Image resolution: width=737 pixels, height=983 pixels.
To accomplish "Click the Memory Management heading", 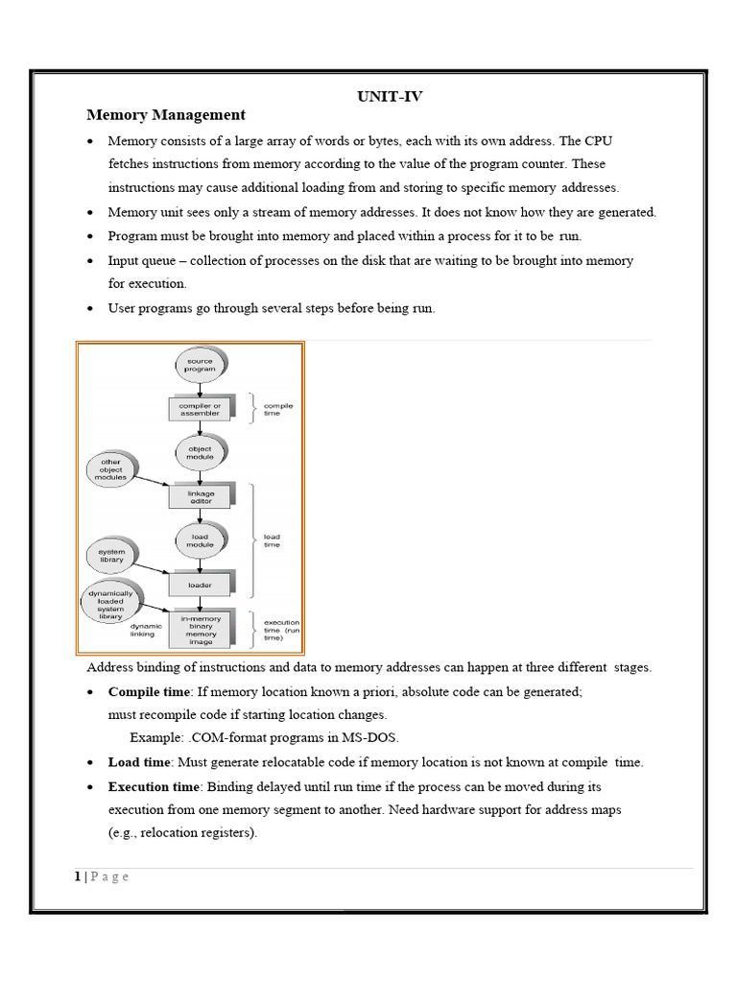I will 166,115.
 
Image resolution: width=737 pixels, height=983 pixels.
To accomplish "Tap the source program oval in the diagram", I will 200,365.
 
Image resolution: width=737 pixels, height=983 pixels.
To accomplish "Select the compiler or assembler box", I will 200,409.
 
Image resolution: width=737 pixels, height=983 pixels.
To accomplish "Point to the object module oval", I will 200,453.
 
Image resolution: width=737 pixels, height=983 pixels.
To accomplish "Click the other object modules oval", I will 111,469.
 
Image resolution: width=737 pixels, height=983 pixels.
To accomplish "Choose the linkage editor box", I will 200,496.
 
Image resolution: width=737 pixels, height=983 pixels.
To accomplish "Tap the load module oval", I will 200,539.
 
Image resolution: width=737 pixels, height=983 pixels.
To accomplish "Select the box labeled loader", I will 200,583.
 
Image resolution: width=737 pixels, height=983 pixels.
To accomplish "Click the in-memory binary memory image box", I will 200,629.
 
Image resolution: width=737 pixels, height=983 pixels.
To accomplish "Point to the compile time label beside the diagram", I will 278,409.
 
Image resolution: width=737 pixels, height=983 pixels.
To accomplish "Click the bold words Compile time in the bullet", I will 147,691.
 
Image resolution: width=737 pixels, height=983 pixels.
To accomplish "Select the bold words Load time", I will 138,762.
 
